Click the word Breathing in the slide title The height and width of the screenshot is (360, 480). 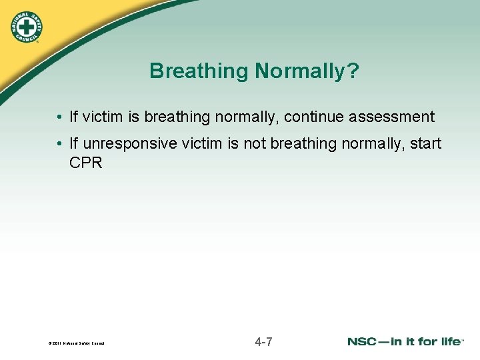coord(199,71)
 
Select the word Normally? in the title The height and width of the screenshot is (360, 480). coord(306,71)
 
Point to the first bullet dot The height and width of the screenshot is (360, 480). coord(59,118)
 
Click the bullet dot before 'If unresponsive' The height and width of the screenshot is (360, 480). coord(59,145)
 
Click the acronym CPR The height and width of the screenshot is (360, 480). coord(86,163)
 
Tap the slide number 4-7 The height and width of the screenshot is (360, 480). coord(263,343)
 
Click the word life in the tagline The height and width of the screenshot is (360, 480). coord(449,342)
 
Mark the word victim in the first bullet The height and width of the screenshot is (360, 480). coord(103,117)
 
